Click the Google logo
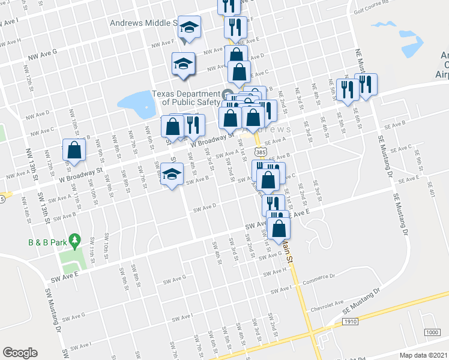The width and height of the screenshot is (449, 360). coord(20,352)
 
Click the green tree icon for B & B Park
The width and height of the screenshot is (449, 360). coord(74,242)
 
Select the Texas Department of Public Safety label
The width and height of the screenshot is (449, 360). coord(186,98)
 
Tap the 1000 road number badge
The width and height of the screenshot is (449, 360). coord(432,332)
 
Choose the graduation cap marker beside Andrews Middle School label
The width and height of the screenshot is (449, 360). coord(189,28)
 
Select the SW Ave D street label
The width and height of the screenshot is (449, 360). coord(204,209)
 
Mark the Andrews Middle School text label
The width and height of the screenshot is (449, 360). coord(143,23)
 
